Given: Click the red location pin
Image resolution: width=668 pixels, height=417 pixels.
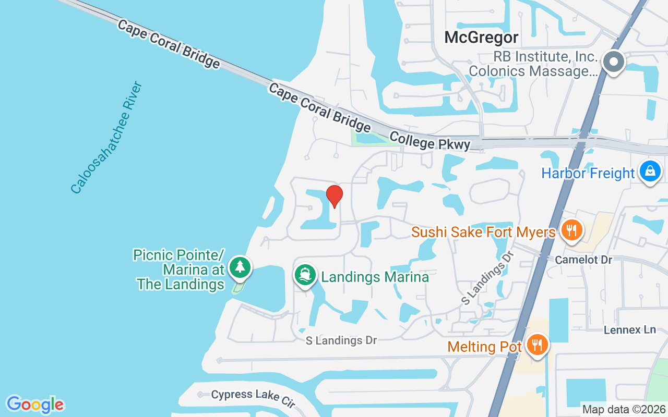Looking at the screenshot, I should point(334,196).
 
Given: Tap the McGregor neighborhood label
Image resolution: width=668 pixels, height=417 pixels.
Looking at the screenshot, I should point(481,38).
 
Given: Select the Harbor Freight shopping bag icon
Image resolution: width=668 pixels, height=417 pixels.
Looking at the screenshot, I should point(650,171).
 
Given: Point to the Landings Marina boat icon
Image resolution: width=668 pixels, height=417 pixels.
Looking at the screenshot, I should point(305,274).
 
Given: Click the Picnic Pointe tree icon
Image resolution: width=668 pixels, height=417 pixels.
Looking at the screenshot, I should point(240,267).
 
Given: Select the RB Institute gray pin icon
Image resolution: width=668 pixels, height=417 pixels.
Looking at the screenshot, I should point(614,62).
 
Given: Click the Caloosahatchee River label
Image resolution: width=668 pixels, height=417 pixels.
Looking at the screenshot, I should point(106,138).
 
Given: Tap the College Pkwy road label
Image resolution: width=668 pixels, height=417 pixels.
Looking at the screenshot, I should point(430,141).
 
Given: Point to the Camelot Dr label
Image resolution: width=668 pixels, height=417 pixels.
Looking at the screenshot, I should point(583,260).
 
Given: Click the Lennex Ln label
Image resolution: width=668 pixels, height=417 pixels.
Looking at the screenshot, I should point(629,330).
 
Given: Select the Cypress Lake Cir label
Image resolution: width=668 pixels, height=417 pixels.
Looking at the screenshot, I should point(253,399).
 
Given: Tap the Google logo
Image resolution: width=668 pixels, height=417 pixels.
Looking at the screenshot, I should point(35,404).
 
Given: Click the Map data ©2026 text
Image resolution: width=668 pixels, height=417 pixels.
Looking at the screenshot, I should point(624,410).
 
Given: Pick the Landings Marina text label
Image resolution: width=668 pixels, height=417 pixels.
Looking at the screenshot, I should point(375,277).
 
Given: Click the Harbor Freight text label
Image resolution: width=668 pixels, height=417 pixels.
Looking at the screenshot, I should point(588,173).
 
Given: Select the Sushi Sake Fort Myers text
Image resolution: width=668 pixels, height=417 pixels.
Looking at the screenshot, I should point(483,231).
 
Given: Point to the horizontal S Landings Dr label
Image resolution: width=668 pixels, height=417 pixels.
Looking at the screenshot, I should point(341,340).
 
